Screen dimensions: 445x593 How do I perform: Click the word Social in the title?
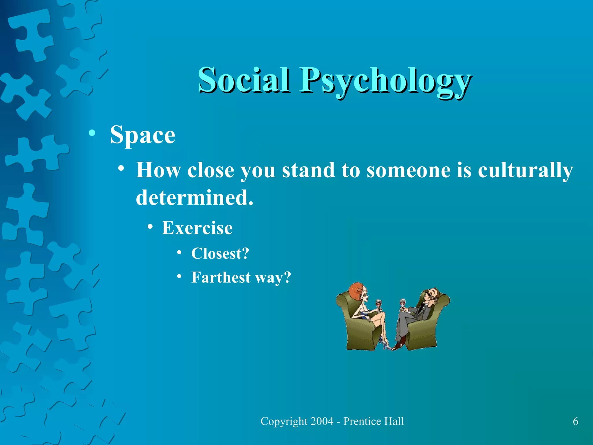click(x=243, y=80)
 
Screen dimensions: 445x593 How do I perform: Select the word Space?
click(x=142, y=135)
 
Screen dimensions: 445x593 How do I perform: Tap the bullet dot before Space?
click(x=92, y=133)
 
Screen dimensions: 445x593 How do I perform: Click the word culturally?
click(x=525, y=170)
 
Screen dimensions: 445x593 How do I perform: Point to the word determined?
click(x=194, y=198)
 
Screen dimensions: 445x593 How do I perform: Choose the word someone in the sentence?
click(x=408, y=170)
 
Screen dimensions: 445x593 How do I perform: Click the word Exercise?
click(x=197, y=228)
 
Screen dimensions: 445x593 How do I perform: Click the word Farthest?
click(x=221, y=277)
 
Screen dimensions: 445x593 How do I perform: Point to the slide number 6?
click(x=575, y=421)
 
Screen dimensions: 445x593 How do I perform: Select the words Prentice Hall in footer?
click(x=374, y=421)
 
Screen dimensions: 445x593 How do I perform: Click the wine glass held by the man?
click(x=402, y=303)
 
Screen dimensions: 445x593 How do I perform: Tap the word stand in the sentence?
click(x=308, y=170)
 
